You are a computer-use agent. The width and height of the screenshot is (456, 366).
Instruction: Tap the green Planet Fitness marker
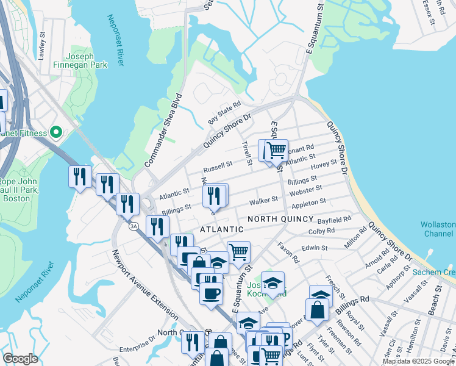pyautogui.click(x=57, y=132)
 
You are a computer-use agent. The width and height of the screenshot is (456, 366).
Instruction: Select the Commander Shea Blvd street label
pyautogui.click(x=164, y=131)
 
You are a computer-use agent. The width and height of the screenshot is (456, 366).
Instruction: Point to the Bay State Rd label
pyautogui.click(x=224, y=113)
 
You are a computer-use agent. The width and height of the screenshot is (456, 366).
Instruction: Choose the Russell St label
pyautogui.click(x=218, y=165)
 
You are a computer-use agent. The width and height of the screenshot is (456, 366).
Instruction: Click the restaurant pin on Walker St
pyautogui.click(x=214, y=196)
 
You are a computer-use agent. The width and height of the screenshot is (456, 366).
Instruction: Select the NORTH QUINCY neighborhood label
pyautogui.click(x=280, y=219)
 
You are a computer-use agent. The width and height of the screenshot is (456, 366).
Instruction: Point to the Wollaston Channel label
pyautogui.click(x=437, y=229)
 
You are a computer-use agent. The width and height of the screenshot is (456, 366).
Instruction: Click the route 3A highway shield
pyautogui.click(x=133, y=226)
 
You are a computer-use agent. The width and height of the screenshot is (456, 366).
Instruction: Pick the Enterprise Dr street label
pyautogui.click(x=138, y=345)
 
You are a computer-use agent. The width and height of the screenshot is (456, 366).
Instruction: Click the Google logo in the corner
pyautogui.click(x=20, y=359)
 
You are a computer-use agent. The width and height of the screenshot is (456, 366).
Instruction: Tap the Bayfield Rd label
pyautogui.click(x=338, y=218)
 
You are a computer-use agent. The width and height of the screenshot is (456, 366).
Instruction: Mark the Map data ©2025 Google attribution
pyautogui.click(x=418, y=361)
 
